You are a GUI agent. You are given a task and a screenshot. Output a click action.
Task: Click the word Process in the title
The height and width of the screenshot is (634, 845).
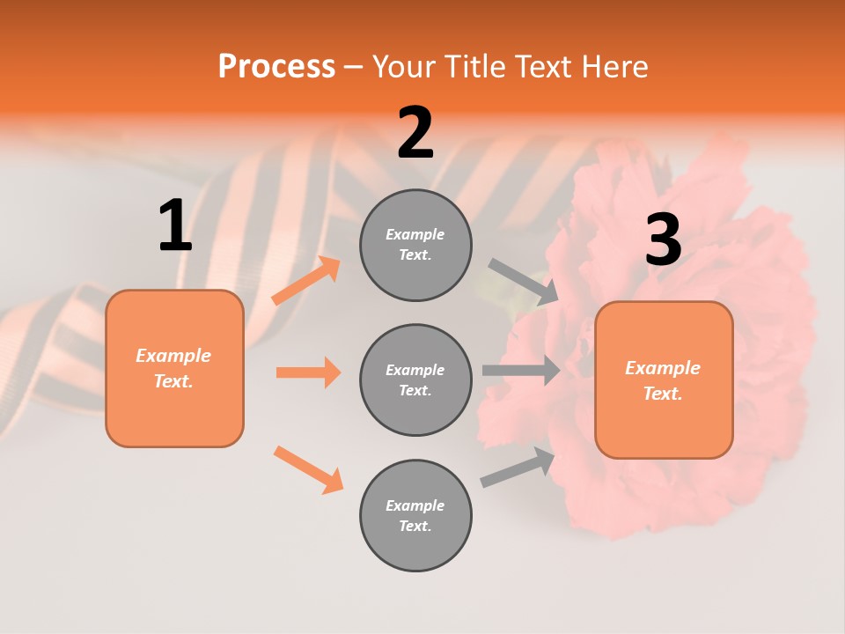point(276,66)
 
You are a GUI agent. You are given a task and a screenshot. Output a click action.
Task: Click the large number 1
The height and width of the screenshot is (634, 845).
point(175,226)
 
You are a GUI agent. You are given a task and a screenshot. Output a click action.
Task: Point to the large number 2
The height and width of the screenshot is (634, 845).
point(415,133)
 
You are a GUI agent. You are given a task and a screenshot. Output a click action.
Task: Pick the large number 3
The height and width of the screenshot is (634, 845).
point(663,240)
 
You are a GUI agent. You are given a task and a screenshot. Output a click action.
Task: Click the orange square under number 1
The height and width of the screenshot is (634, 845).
point(174,368)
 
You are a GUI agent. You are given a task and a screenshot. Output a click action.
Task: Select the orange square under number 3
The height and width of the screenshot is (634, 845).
point(664,380)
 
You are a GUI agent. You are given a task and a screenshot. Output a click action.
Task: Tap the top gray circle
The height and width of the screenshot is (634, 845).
point(415,245)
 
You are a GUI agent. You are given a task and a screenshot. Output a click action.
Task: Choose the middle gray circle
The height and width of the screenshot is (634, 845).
point(415,380)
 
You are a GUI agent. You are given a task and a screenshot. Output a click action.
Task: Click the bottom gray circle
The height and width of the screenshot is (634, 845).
point(415,515)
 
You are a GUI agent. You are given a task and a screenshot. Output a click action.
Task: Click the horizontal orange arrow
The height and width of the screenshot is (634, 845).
point(308,372)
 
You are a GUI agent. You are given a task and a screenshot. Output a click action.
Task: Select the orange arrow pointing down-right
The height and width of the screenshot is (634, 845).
point(308,469)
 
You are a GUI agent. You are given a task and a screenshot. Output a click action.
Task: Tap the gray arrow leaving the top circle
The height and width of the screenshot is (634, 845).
point(524,282)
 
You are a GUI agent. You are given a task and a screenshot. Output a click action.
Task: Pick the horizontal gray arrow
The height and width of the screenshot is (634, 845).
point(521,370)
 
